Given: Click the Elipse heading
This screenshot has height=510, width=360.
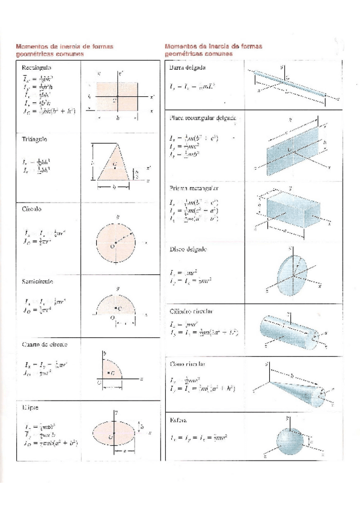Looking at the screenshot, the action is pos(30,407).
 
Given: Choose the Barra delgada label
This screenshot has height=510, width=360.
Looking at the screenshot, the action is pos(188,69).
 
